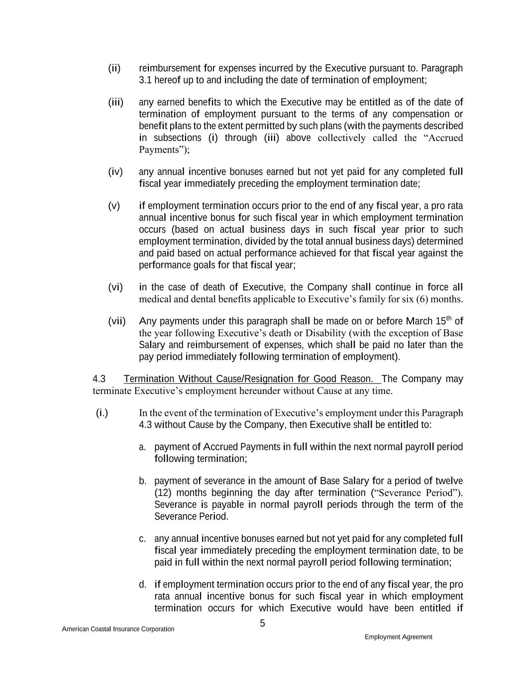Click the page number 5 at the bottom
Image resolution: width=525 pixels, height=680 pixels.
click(x=262, y=624)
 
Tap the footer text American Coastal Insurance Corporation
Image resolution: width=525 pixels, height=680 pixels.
click(x=118, y=629)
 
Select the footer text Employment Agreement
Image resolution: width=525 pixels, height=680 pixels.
click(x=398, y=637)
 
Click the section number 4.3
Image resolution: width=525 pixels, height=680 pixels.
click(x=99, y=379)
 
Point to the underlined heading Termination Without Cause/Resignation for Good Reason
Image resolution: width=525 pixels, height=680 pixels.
click(x=249, y=379)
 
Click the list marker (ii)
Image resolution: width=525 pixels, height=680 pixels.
click(x=114, y=68)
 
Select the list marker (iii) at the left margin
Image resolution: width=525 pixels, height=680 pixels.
click(x=116, y=103)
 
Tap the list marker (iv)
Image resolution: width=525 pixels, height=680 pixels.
click(x=115, y=172)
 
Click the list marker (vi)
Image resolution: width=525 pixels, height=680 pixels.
click(x=115, y=287)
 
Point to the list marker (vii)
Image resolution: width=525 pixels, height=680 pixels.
click(x=117, y=321)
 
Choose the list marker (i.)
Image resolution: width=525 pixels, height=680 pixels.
click(x=102, y=413)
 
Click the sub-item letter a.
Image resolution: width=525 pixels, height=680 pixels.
click(x=142, y=447)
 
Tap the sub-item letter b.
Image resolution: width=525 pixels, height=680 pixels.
click(x=143, y=481)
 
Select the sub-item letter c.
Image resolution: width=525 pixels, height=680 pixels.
click(x=142, y=539)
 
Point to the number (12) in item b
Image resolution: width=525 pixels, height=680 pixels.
click(x=163, y=493)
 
